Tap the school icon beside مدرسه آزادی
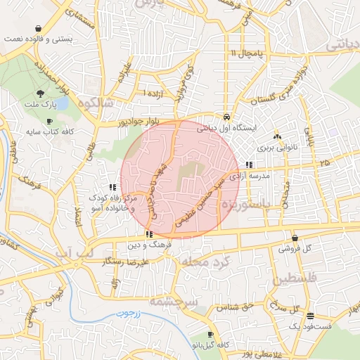pos(250,165)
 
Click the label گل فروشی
pos(294,249)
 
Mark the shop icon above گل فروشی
pos(294,238)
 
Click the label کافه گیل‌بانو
pos(209,346)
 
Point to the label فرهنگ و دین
pos(148,245)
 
